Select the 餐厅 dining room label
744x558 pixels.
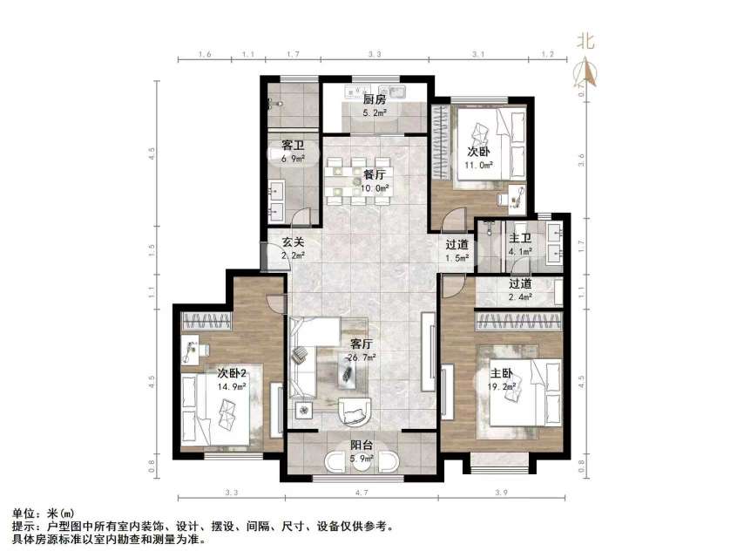(374, 174)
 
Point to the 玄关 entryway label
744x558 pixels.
(293, 243)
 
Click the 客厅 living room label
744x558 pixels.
(362, 344)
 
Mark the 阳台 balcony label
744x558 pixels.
(362, 445)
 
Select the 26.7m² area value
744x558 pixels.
(362, 357)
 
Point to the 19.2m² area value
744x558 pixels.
(503, 384)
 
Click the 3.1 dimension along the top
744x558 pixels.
(477, 55)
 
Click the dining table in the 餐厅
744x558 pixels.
(358, 180)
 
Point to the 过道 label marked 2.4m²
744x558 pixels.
(520, 283)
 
